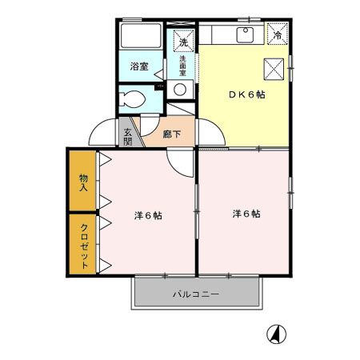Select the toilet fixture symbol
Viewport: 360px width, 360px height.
tap(133, 100)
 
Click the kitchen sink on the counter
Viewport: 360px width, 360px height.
tap(245, 34)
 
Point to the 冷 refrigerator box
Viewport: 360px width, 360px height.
tap(278, 35)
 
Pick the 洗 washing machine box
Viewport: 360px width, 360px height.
tap(182, 41)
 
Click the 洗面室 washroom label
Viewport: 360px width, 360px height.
tap(182, 65)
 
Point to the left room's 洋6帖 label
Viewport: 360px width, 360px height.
tap(148, 216)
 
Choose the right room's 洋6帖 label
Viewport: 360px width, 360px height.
tap(246, 214)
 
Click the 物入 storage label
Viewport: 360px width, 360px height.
tap(83, 182)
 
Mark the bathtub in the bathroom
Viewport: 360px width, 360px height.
tap(140, 39)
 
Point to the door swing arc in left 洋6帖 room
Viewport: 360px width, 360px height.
tap(181, 162)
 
